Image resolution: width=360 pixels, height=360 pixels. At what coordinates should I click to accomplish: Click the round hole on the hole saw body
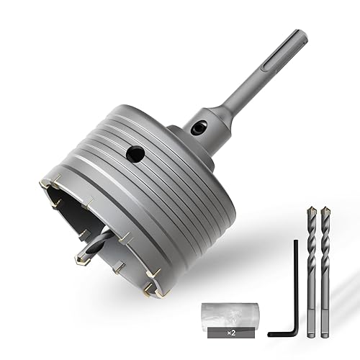[135, 153]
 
